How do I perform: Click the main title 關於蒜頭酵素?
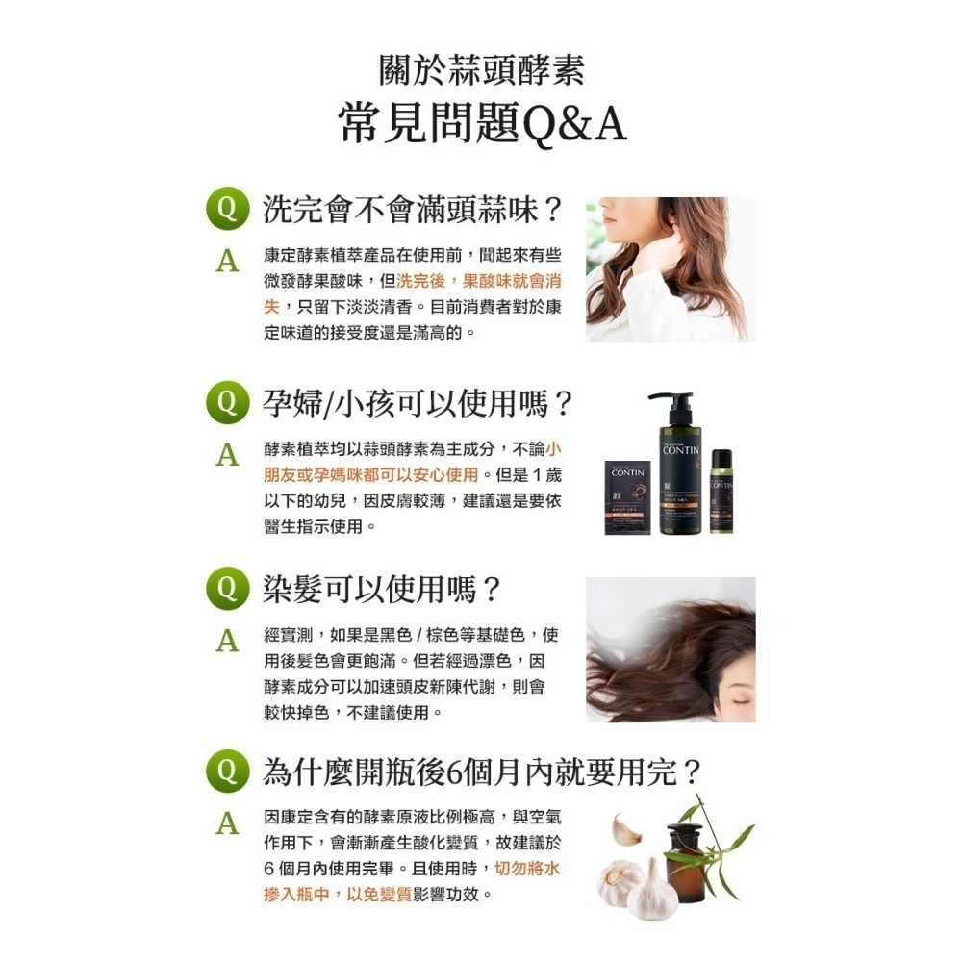[481, 71]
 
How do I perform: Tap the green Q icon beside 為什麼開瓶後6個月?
[227, 772]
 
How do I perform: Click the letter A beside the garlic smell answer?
[227, 262]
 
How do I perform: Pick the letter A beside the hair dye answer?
[227, 640]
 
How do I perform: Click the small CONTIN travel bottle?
[721, 496]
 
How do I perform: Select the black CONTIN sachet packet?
[627, 498]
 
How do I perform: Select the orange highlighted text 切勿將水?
[527, 869]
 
